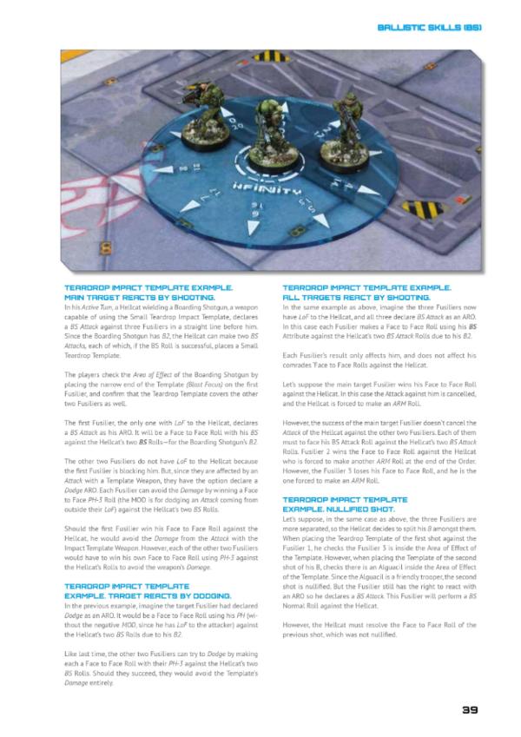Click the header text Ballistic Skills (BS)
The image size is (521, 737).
coord(429,28)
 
